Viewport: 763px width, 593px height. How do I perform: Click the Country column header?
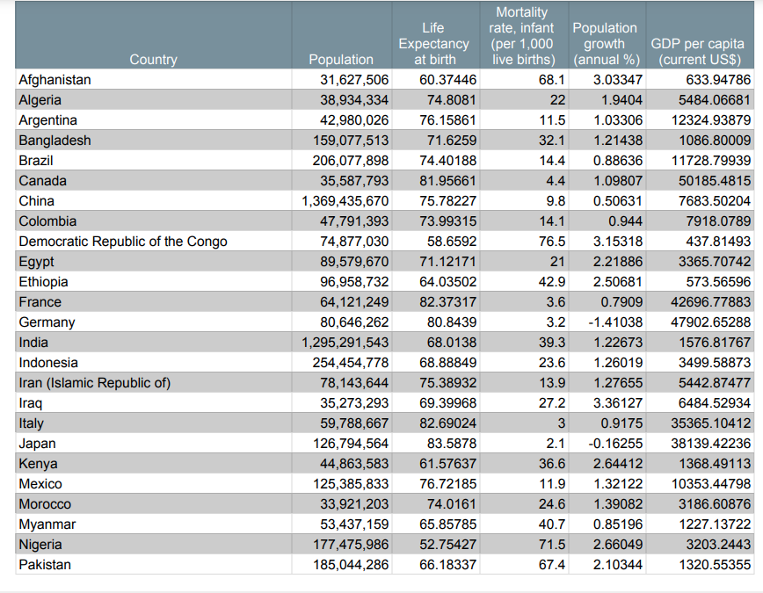[x=153, y=60]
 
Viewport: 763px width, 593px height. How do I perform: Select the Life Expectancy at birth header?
[x=433, y=44]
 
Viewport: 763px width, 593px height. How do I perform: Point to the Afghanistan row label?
[x=54, y=80]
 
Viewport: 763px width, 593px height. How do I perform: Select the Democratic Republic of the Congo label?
[x=123, y=242]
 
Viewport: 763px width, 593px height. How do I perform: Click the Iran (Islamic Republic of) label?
[x=95, y=383]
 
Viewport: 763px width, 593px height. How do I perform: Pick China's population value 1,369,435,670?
[x=345, y=201]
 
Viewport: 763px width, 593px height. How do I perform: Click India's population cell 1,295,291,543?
[x=345, y=343]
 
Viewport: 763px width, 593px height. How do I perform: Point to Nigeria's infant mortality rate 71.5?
[x=551, y=545]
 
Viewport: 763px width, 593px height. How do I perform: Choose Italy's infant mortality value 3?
[x=560, y=423]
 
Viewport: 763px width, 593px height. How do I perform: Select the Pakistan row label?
[x=45, y=565]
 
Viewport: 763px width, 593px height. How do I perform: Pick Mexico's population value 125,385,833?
[x=351, y=484]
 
